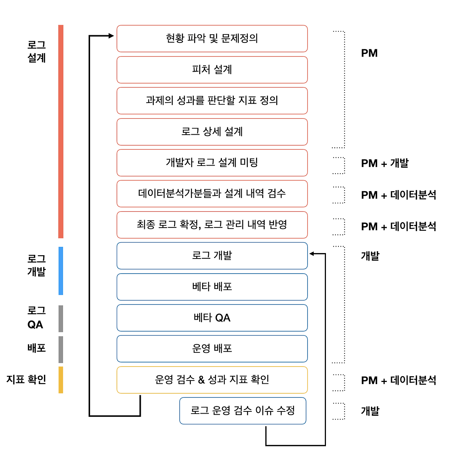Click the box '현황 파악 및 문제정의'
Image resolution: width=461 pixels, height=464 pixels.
212,39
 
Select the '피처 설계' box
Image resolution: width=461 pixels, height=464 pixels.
212,69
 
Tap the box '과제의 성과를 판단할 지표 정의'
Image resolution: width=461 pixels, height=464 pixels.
212,100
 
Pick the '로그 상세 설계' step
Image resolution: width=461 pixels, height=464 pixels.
212,132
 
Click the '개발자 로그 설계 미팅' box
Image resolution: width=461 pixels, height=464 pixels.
212,163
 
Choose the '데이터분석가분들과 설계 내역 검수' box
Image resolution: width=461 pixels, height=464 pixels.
212,194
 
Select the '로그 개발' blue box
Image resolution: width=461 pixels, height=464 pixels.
212,256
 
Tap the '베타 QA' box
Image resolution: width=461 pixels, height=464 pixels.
212,318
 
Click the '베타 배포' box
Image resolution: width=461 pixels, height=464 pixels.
212,287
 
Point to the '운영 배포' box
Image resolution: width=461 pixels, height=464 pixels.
212,349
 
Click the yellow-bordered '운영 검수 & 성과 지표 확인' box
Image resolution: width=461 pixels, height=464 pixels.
212,380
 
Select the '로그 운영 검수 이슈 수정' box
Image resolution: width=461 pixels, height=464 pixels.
242,411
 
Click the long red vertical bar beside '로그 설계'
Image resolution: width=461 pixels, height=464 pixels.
61,131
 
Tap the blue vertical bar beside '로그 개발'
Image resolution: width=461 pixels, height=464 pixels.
61,271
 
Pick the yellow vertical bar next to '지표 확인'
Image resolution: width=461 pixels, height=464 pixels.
61,380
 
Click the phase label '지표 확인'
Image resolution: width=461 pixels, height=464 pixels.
26,379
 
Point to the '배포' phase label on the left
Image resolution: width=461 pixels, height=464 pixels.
36,348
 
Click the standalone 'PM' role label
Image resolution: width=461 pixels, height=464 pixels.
369,53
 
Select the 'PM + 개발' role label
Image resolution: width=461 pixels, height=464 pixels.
385,163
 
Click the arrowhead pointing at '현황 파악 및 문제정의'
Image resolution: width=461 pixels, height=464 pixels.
111,36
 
